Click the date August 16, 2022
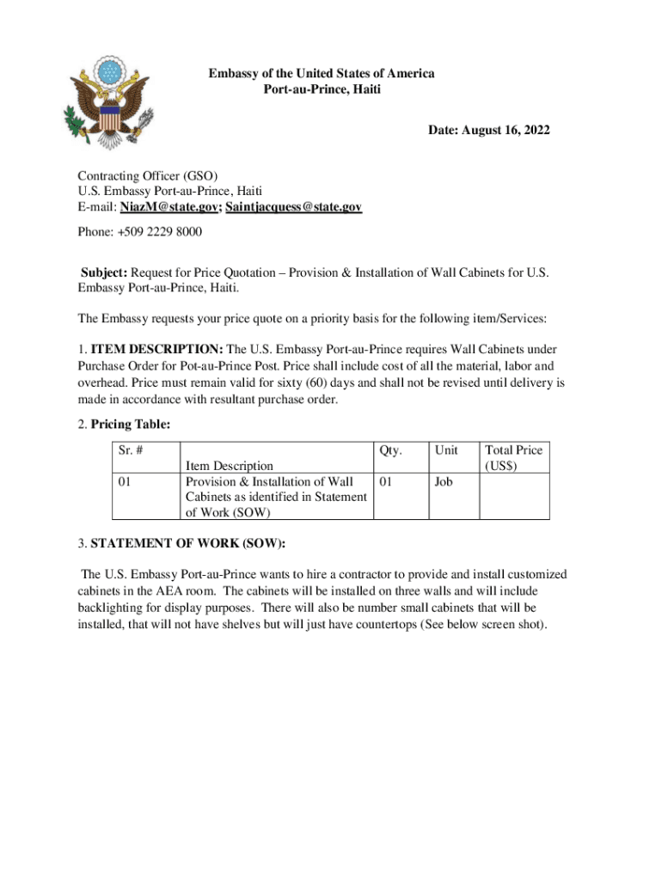pos(489,131)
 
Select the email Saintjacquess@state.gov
pos(293,207)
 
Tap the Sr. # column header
pos(133,449)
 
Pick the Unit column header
pos(446,449)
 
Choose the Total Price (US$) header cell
pos(513,457)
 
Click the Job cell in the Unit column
pos(444,482)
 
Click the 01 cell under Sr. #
pos(126,482)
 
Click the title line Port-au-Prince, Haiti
pos(321,89)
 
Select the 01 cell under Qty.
pos(385,482)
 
